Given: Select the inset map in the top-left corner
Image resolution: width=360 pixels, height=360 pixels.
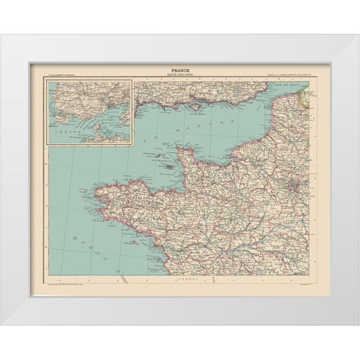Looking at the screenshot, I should point(89,112).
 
